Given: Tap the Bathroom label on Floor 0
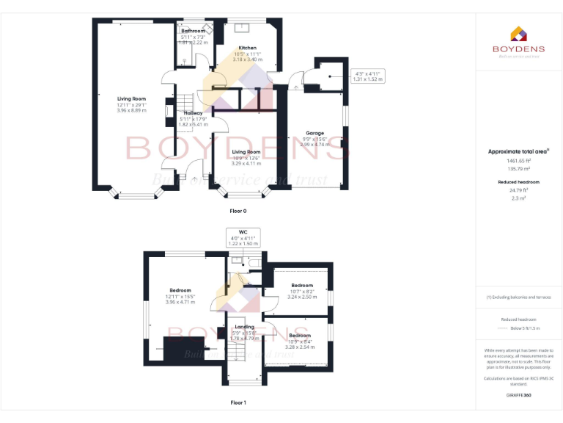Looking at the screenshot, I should click(194, 31).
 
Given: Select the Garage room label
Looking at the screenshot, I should click(314, 134).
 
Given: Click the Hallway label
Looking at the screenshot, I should click(193, 113).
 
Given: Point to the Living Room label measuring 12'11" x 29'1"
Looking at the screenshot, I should click(132, 98).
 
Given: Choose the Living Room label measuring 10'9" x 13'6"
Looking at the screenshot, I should click(246, 152).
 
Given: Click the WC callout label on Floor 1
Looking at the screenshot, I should click(243, 232).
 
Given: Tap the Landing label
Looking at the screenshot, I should click(244, 327).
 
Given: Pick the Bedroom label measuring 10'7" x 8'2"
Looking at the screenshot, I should click(302, 285).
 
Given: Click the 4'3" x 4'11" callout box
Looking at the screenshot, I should click(369, 76).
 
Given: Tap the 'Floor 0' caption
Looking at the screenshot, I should click(238, 211).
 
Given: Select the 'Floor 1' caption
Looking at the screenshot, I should click(238, 402).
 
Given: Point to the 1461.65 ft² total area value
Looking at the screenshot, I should click(518, 160).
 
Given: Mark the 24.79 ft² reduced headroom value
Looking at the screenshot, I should click(518, 189).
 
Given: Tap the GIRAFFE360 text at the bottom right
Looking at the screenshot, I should click(518, 395).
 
